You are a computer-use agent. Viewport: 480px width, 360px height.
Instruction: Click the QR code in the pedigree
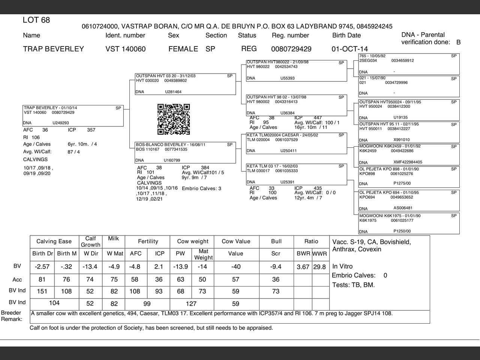[174, 119]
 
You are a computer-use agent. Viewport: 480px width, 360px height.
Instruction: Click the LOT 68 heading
[36, 20]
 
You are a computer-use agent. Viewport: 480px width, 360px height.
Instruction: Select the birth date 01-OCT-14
[349, 49]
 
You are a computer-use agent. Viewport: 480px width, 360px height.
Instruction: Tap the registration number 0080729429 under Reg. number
[291, 49]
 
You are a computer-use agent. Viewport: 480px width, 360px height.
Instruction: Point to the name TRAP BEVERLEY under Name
[53, 49]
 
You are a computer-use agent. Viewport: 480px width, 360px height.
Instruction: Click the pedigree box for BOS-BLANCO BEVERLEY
[185, 152]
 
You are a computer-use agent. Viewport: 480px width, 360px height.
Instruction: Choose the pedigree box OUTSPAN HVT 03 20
[185, 84]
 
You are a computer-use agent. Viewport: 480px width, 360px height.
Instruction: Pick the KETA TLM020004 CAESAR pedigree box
[296, 143]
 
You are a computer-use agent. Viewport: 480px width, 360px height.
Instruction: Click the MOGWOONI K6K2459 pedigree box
[409, 154]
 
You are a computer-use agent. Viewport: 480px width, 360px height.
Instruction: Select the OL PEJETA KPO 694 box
[409, 200]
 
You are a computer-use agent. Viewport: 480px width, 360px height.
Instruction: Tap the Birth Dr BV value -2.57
[42, 267]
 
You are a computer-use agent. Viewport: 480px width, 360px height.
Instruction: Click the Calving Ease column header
[54, 241]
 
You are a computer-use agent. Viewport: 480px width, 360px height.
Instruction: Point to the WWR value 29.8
[320, 267]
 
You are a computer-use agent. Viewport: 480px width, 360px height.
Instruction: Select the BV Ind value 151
[42, 291]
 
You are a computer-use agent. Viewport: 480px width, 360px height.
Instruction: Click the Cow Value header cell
[236, 241]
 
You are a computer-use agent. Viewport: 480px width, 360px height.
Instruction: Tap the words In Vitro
[342, 266]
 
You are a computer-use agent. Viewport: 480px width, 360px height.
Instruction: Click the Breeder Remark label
[12, 316]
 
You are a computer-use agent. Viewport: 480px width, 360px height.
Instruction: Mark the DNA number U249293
[61, 123]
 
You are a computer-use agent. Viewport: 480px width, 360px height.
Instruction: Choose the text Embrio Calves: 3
[201, 188]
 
